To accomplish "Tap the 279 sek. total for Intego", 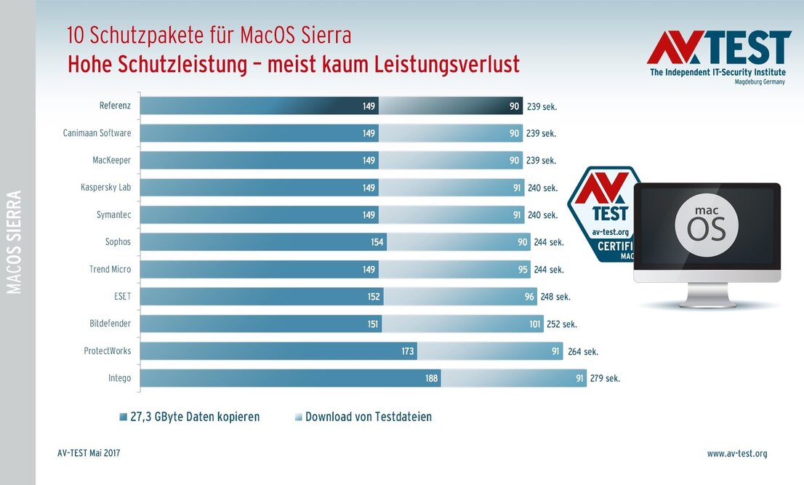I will (603, 378).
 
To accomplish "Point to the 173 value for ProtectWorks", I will (407, 351).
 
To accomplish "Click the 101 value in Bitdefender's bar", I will (535, 324).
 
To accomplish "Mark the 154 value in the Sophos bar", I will (377, 242).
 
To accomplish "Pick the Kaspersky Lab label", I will (105, 188).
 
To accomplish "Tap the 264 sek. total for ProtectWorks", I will (582, 351).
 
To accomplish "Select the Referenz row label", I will (115, 106).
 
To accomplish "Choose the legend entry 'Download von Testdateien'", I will (368, 417).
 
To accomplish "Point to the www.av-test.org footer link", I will (736, 454).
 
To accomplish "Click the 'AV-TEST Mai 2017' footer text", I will (89, 454).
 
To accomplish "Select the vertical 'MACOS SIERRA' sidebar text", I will (15, 242).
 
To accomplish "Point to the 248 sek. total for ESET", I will (555, 297).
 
